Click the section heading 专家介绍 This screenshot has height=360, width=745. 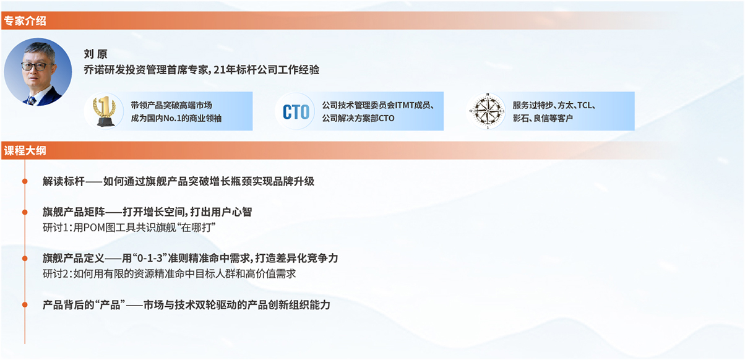pos(25,21)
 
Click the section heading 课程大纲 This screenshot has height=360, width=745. pos(25,150)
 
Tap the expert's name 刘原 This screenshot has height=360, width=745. pos(95,54)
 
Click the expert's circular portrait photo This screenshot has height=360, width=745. pos(38,72)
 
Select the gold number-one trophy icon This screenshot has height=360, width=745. pos(104,111)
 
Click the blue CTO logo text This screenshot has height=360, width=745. pos(296,112)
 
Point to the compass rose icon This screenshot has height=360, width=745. pos(487,111)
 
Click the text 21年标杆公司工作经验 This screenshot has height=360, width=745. pos(267,70)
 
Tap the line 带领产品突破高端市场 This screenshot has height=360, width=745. pos(171,105)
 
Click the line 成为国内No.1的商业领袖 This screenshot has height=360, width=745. pos(176,118)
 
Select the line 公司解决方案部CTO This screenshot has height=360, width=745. pos(358,118)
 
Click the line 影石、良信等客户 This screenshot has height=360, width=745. pos(543,118)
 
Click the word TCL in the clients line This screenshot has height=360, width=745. pos(584,105)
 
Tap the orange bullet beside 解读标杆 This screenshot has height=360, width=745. pos(25,181)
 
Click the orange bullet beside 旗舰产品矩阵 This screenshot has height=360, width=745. pos(25,212)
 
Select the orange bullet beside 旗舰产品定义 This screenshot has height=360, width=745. pos(25,259)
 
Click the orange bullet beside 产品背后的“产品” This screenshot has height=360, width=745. pos(25,304)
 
